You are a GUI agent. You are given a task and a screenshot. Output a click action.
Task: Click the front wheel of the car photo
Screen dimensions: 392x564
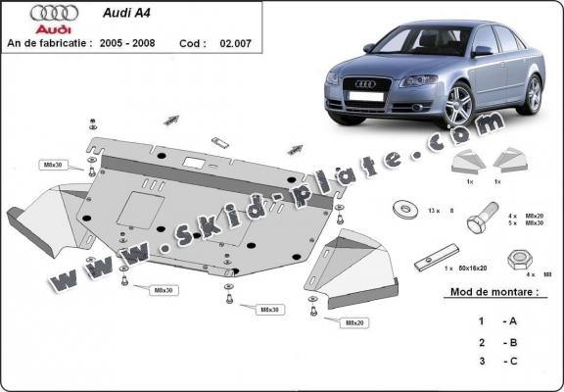pyautogui.click(x=460, y=106)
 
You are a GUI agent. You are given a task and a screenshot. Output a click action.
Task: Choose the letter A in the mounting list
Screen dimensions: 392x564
pyautogui.click(x=511, y=320)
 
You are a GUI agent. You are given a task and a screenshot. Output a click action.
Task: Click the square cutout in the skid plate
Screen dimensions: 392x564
pyautogui.click(x=133, y=206)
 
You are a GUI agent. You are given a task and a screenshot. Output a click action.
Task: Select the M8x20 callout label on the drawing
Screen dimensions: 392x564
pyautogui.click(x=354, y=322)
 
